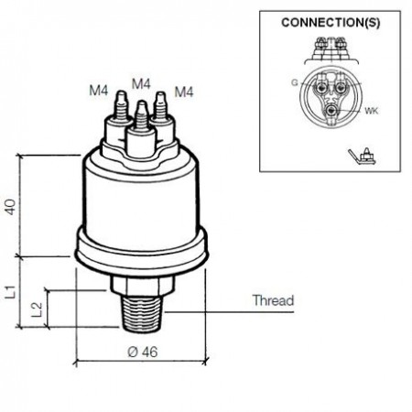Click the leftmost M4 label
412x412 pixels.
pyautogui.click(x=98, y=91)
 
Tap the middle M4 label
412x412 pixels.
pyautogui.click(x=141, y=83)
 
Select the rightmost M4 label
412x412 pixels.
pyautogui.click(x=184, y=92)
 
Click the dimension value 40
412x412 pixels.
pyautogui.click(x=11, y=207)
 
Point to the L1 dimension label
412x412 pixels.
pyautogui.click(x=11, y=292)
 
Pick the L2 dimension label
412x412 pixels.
pyautogui.click(x=37, y=309)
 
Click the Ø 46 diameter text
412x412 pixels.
pyautogui.click(x=143, y=352)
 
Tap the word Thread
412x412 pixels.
pyautogui.click(x=273, y=300)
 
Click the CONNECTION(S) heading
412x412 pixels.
pyautogui.click(x=331, y=23)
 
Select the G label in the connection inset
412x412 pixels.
pyautogui.click(x=294, y=82)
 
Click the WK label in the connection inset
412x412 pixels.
pyautogui.click(x=372, y=111)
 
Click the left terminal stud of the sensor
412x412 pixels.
pyautogui.click(x=119, y=117)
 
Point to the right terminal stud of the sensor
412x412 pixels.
pyautogui.click(x=162, y=117)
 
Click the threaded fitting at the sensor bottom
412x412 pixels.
pyautogui.click(x=142, y=313)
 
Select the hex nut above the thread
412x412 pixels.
pyautogui.click(x=142, y=286)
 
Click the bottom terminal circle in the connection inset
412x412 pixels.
pyautogui.click(x=331, y=111)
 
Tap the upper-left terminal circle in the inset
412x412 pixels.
pyautogui.click(x=320, y=88)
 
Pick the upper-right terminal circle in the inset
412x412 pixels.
pyautogui.click(x=340, y=88)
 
